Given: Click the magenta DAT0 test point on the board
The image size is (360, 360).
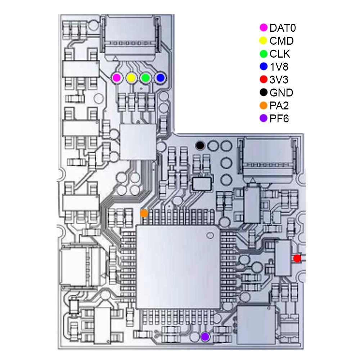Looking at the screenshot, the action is tap(117, 78).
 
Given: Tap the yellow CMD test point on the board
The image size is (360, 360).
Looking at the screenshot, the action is tap(131, 78).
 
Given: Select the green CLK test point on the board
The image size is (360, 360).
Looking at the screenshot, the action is tap(145, 78).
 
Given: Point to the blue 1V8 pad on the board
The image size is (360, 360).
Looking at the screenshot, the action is tap(160, 78).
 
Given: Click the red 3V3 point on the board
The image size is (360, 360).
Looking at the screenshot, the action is tap(297, 258).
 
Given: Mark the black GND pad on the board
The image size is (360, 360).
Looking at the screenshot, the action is tap(200, 145).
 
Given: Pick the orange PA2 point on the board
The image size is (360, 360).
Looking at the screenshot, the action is tap(144, 213).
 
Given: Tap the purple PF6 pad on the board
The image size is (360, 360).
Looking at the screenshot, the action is tap(205, 337).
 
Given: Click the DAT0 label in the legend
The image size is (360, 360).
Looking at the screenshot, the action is tap(283, 28).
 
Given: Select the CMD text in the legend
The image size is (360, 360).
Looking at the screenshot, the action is tap(282, 41).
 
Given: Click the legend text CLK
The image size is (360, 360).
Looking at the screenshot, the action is tap(280, 54).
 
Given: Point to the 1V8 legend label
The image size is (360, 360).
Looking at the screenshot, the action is tap(279, 67).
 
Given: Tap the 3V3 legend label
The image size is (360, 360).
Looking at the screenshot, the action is tap(279, 80).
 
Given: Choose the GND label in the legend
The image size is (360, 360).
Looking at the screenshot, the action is tap(281, 93).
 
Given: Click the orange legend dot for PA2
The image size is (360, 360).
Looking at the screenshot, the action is tap(264, 105).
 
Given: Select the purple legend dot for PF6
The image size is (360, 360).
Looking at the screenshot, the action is tap(264, 118).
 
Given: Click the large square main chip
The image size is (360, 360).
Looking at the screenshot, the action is tap(178, 267).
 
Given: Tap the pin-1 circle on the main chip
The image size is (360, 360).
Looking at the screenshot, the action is tap(210, 235).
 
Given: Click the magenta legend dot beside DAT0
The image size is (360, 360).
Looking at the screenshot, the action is tap(264, 28).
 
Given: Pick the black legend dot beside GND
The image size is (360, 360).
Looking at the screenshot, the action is tap(264, 93).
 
